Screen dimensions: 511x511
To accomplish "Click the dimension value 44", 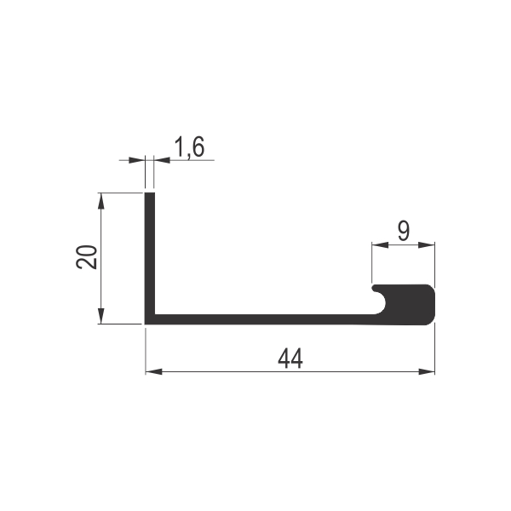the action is (x=290, y=359).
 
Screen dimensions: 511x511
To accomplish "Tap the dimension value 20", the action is (x=87, y=257).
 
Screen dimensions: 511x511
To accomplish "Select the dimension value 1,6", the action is (x=189, y=147).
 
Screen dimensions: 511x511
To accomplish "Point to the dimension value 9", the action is (x=404, y=231).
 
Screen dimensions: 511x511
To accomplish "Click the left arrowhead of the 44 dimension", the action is (x=154, y=371).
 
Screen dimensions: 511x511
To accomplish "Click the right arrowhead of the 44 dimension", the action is (x=427, y=371).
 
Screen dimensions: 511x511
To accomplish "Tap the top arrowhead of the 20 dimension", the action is (x=101, y=201).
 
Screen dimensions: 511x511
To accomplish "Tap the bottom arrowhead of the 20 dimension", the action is (x=101, y=316).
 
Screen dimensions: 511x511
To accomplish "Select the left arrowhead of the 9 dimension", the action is (x=380, y=244).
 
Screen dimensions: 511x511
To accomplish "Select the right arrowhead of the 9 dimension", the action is (x=427, y=244).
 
